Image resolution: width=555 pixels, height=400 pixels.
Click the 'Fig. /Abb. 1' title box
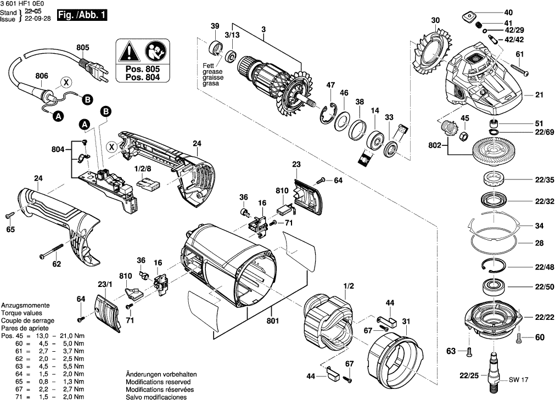(82, 15)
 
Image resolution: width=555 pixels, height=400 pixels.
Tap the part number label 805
(82, 48)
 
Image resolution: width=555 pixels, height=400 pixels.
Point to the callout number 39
(215, 26)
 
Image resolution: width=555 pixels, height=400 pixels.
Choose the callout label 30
(435, 21)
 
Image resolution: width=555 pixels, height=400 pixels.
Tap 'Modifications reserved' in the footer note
(158, 381)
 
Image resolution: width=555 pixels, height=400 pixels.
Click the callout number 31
(406, 321)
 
